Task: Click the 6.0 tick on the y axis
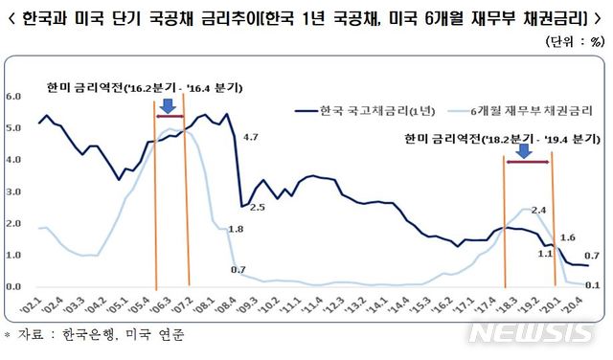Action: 13,97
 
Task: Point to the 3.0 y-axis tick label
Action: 13,191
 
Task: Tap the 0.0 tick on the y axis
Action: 13,286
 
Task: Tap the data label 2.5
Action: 257,207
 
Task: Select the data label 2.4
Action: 538,209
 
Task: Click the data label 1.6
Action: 566,237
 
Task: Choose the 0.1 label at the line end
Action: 594,284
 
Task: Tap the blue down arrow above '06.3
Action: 168,103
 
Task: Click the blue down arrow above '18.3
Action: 524,151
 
